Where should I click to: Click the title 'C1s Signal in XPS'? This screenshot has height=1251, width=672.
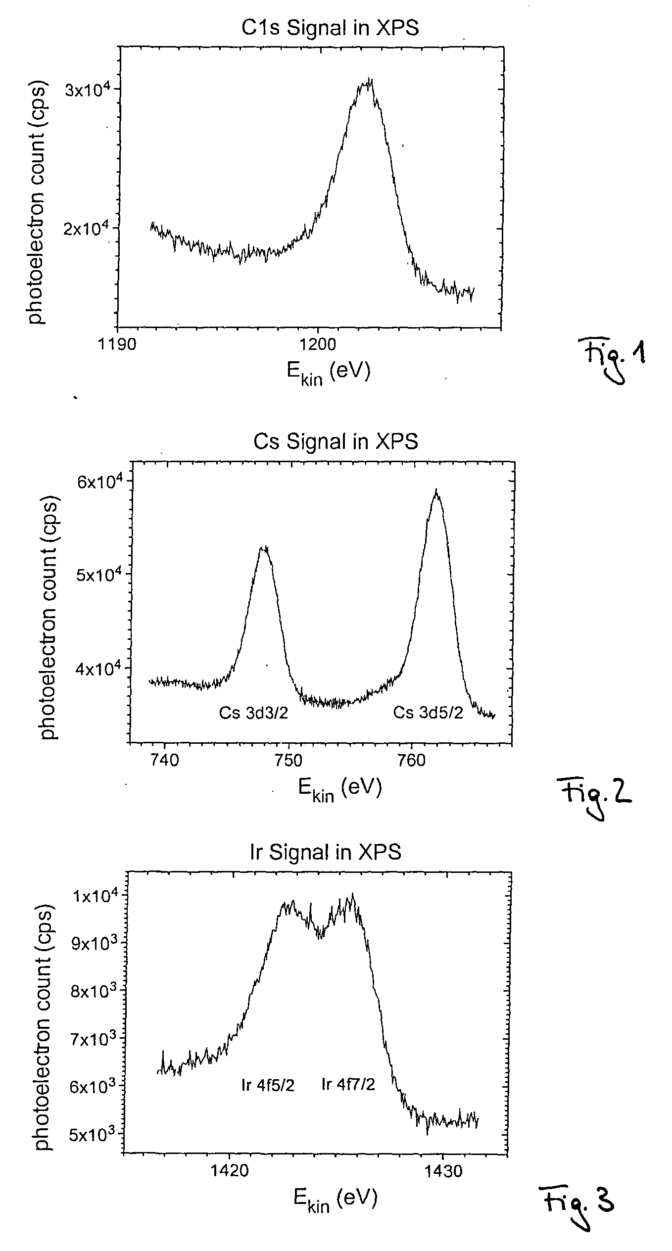(330, 28)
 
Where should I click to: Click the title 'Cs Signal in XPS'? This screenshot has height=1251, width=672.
(336, 441)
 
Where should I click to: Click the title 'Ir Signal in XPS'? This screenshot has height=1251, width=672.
(325, 852)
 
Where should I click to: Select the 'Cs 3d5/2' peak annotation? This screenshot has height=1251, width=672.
(428, 713)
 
